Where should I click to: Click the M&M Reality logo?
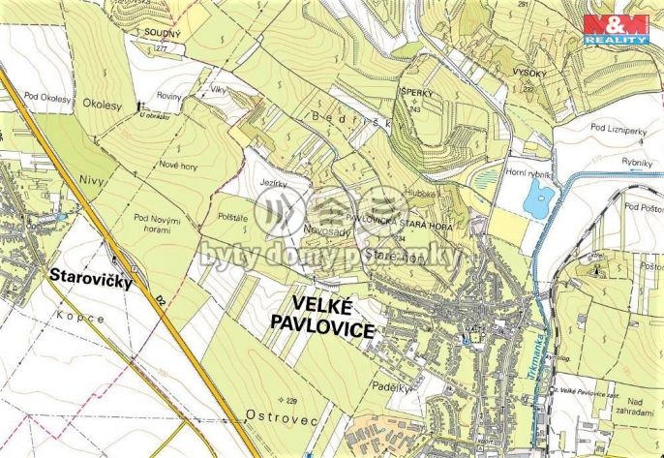[x=616, y=28]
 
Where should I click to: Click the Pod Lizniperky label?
[x=620, y=127]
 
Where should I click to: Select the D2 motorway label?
[x=158, y=301]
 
